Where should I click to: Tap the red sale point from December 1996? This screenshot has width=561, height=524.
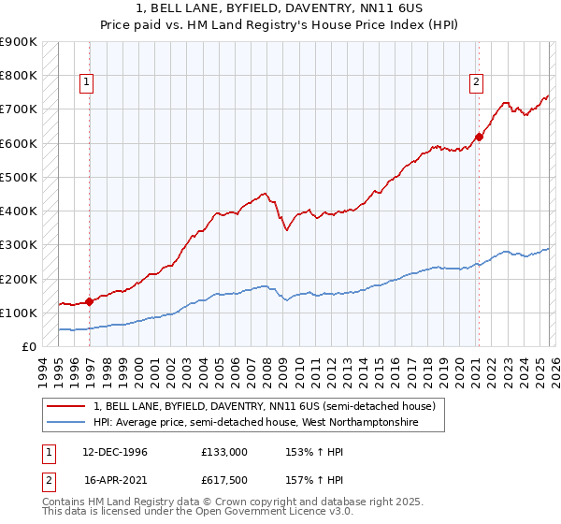click(x=90, y=301)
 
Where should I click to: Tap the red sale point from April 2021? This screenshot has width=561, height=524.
click(x=479, y=138)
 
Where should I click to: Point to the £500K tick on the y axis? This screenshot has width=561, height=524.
click(x=19, y=177)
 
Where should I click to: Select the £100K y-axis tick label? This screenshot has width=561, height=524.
click(x=19, y=313)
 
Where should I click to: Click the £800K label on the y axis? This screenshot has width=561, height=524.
click(x=19, y=75)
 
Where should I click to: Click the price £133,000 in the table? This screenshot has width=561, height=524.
click(x=224, y=451)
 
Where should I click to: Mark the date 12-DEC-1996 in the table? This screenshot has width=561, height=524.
click(x=116, y=451)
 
